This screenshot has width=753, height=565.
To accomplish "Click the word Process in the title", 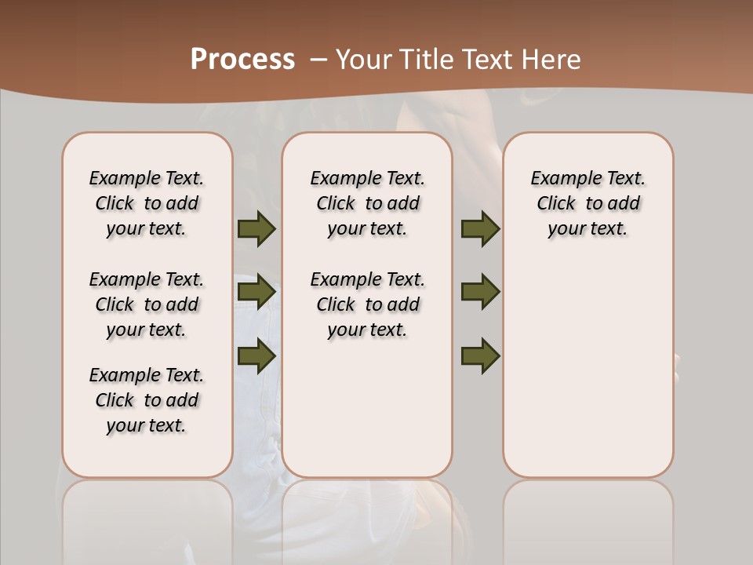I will click(242, 59).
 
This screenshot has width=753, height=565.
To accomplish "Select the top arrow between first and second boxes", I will click(256, 229).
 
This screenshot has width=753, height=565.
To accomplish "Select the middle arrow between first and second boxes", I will click(256, 292).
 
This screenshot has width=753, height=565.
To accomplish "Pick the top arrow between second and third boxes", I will click(480, 229).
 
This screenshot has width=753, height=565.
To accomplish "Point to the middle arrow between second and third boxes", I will click(480, 292).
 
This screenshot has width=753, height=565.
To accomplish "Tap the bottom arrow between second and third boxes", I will click(480, 355).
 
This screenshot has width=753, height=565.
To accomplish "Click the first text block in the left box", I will click(147, 203).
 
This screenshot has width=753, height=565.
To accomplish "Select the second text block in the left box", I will click(147, 304).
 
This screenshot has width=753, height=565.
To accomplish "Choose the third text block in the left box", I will click(147, 400).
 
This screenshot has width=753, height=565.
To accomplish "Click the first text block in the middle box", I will click(367, 203).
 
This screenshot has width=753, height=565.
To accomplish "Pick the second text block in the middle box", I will click(367, 304).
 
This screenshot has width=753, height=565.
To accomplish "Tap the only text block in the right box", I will click(587, 203).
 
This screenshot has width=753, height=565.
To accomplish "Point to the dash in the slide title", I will click(318, 60).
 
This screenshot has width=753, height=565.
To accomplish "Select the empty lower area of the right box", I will click(587, 377).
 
